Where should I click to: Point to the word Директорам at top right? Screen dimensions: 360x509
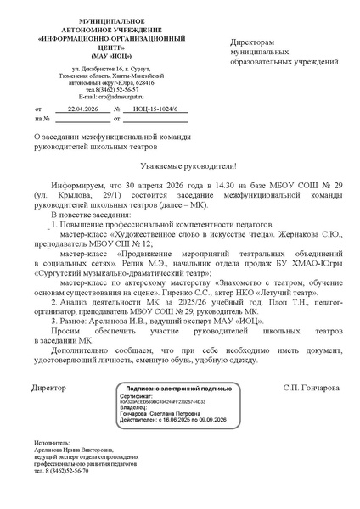253,42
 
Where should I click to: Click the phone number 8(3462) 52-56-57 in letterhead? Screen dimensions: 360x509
114,89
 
